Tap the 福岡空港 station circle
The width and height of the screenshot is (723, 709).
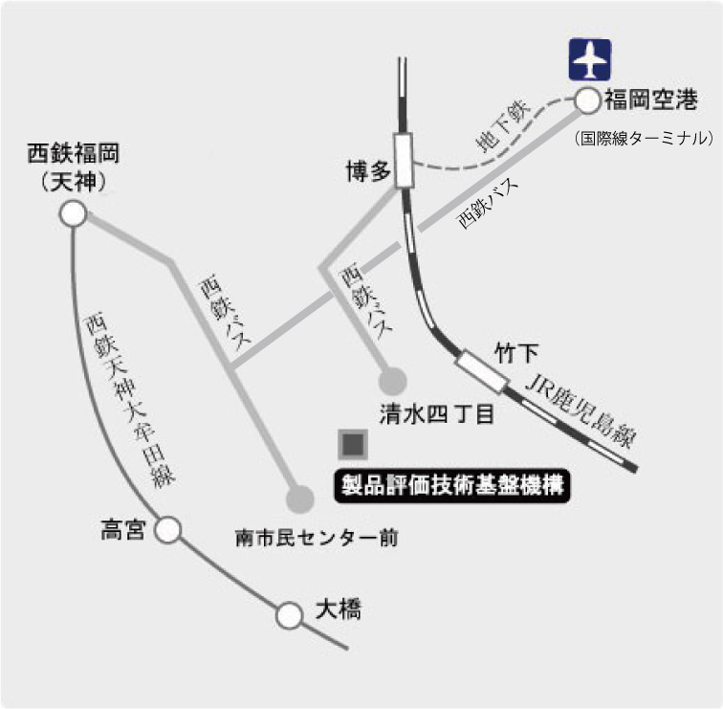click(586, 99)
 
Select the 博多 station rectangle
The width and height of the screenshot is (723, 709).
click(404, 161)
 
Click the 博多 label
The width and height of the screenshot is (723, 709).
click(368, 171)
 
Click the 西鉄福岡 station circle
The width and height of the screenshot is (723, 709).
click(74, 215)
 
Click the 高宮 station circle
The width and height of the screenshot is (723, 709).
click(168, 529)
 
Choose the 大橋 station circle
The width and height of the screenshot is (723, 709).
click(289, 615)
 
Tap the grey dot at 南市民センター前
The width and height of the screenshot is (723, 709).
click(300, 499)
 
